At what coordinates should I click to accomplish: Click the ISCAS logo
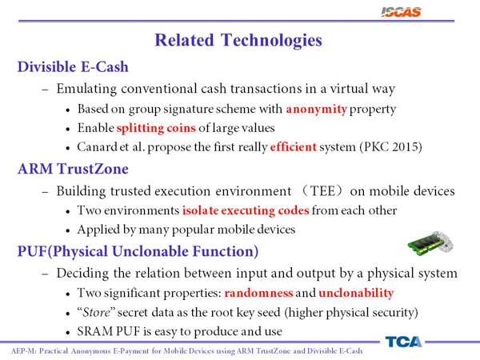coord(401,12)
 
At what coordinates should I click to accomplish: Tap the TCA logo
coord(403,342)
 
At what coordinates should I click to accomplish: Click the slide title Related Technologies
coord(238,41)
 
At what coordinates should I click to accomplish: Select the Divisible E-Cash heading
coord(73,66)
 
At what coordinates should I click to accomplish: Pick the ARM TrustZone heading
coord(73,169)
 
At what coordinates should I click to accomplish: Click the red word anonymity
coord(316,109)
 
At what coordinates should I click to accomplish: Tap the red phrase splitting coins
coord(156,128)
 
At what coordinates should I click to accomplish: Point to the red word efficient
coord(293,147)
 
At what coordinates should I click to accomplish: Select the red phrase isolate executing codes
coord(246,210)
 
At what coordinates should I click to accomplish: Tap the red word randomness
coord(258,293)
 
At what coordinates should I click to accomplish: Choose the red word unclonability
coord(356,293)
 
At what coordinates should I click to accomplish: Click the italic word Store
coord(96,313)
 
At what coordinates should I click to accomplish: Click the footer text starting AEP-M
coord(186,351)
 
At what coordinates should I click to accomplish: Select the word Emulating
coord(86,89)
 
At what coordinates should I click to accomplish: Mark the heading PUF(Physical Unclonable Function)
coord(138,252)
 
